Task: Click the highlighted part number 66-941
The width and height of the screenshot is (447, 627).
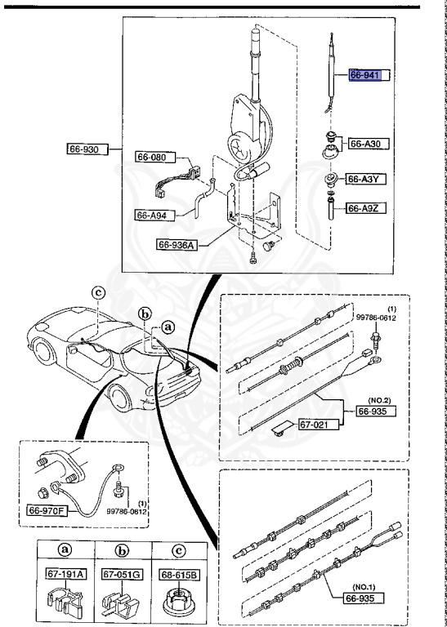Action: point(365,75)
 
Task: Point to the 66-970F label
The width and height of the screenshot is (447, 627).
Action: point(72,511)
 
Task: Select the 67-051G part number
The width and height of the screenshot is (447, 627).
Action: point(121,575)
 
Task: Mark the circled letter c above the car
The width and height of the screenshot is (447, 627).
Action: point(97,291)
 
